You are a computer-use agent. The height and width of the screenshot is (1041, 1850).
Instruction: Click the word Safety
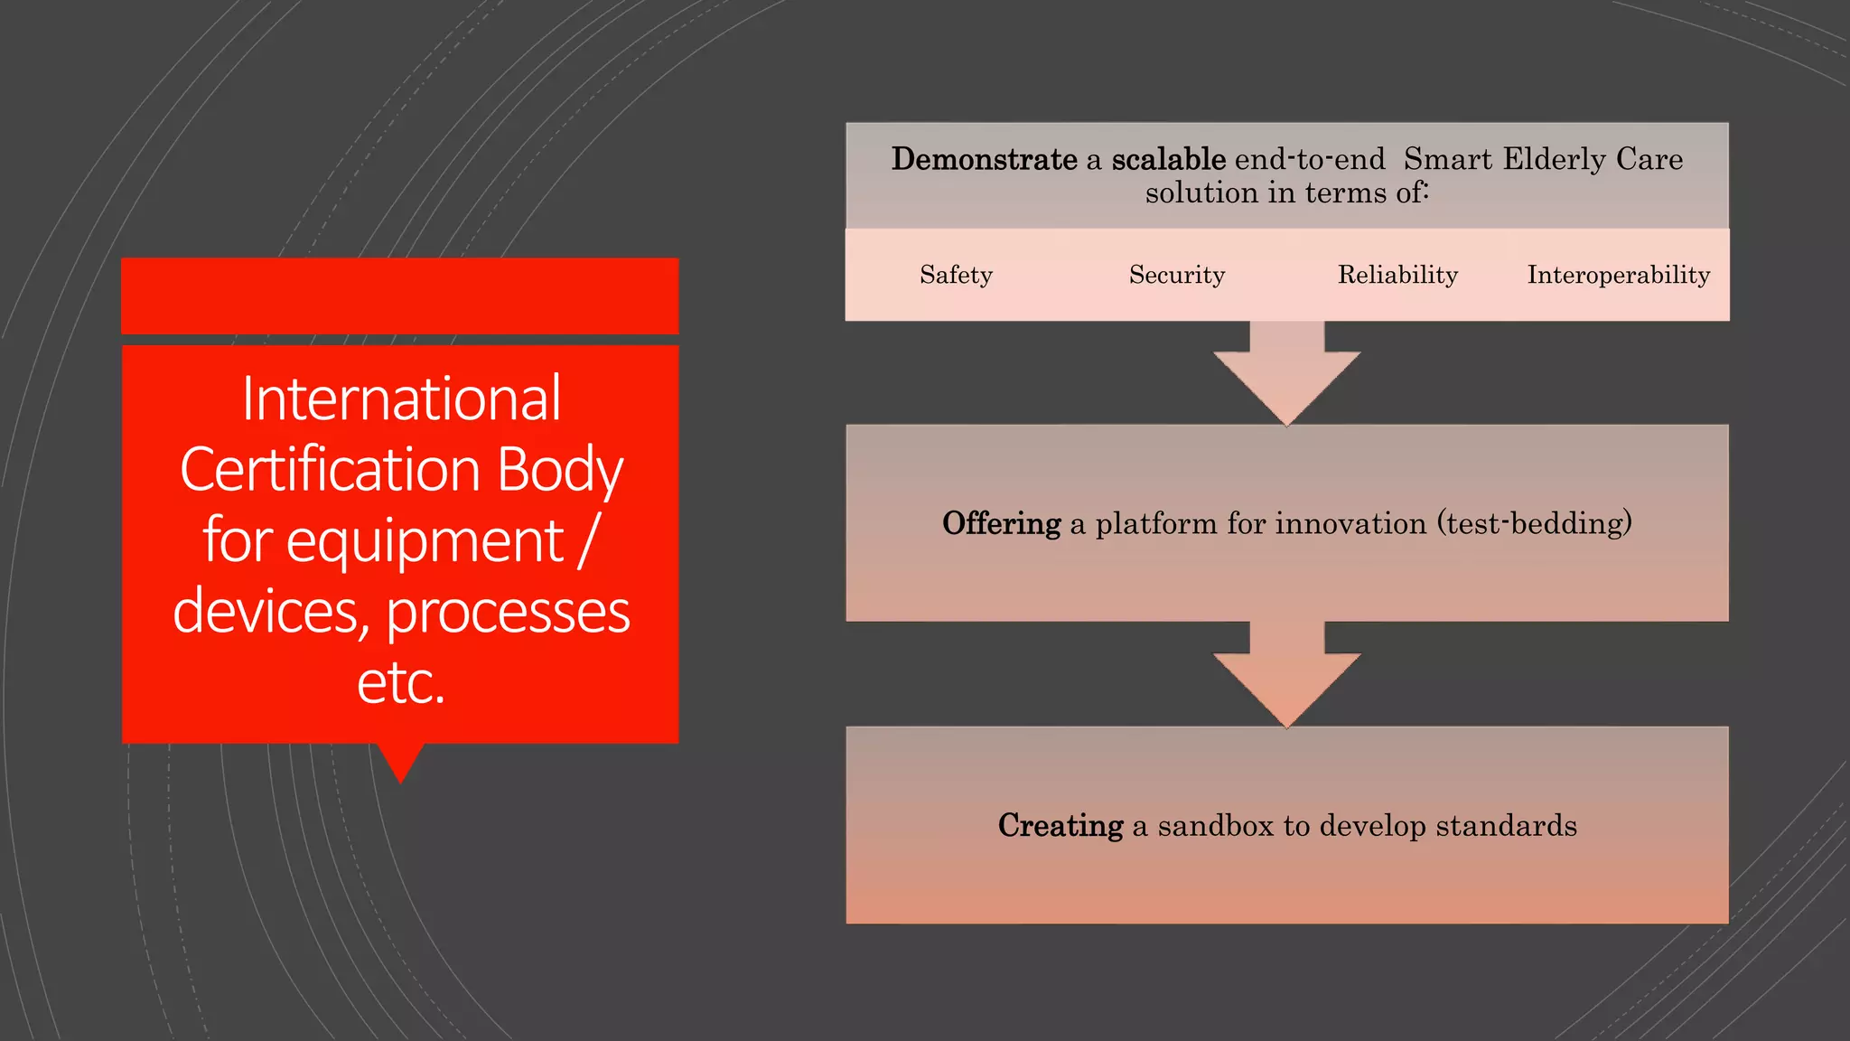click(956, 275)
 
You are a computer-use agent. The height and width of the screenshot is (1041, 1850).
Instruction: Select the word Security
click(1176, 275)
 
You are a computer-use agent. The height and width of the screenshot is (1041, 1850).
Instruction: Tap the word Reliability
click(1397, 275)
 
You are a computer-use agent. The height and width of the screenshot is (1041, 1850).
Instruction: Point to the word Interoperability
click(1618, 275)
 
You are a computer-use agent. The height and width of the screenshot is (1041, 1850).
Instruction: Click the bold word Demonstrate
click(984, 159)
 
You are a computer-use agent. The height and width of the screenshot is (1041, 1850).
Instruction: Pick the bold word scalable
click(1168, 159)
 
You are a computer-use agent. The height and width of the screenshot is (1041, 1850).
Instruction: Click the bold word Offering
click(1001, 523)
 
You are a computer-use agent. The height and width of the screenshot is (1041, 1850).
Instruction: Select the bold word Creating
click(1060, 825)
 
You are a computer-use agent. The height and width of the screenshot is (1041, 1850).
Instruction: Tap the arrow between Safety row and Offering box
click(1286, 374)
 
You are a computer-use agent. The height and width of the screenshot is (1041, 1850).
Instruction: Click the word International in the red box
click(401, 399)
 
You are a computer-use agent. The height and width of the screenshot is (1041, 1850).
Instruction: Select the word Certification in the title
click(330, 470)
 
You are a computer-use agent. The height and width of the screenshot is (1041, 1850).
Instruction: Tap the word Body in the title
click(560, 470)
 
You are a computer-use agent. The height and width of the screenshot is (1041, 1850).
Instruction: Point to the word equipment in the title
click(425, 540)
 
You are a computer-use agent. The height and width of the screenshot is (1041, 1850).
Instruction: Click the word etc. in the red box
click(401, 682)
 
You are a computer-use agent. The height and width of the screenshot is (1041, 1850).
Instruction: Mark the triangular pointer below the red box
click(400, 760)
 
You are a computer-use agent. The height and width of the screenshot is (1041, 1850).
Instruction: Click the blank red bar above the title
click(400, 295)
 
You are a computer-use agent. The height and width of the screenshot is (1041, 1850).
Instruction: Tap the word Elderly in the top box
click(1554, 159)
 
